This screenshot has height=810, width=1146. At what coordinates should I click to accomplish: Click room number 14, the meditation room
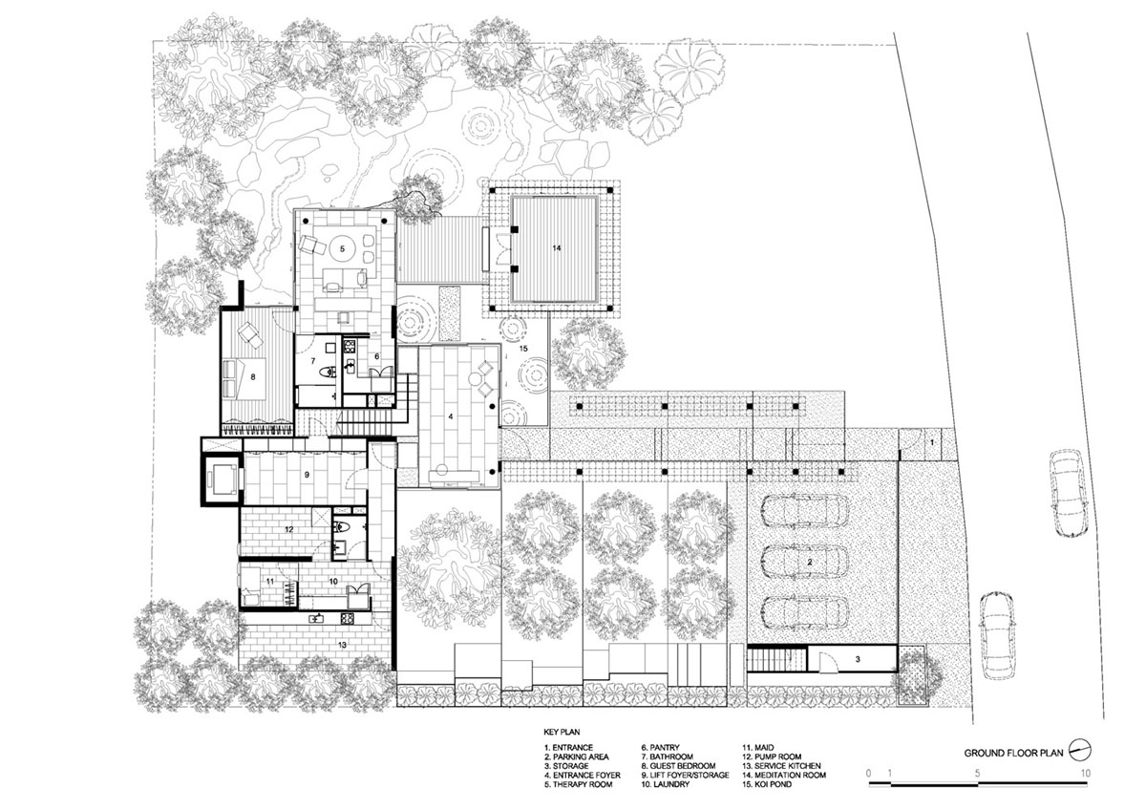click(556, 248)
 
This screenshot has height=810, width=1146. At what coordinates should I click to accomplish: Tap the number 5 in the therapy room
click(342, 249)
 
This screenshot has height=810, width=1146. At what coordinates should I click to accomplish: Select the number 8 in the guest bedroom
click(253, 377)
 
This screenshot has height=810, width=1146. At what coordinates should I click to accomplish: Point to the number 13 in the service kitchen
click(342, 645)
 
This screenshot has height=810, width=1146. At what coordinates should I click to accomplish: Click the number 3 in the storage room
click(858, 660)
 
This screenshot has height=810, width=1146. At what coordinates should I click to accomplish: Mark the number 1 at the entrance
click(932, 442)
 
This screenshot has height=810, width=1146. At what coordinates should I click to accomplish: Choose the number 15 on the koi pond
click(523, 349)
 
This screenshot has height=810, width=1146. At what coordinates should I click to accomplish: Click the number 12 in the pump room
click(289, 529)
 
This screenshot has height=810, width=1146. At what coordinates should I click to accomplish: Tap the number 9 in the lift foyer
click(307, 475)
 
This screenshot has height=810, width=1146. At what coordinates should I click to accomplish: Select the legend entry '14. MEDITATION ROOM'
click(784, 776)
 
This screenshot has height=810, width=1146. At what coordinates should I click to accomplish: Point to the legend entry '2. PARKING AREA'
click(577, 757)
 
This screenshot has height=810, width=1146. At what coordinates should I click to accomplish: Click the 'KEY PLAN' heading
click(562, 733)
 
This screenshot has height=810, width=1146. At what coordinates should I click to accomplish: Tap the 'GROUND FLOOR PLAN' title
click(1013, 754)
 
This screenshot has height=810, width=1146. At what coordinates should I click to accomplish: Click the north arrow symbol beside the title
click(1080, 751)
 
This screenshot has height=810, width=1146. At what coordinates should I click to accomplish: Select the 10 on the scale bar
click(1086, 773)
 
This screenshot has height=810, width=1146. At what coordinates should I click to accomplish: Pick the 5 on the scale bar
click(977, 773)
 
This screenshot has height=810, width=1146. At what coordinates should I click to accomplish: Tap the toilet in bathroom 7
click(328, 372)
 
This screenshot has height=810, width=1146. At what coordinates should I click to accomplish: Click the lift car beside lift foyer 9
click(222, 479)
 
